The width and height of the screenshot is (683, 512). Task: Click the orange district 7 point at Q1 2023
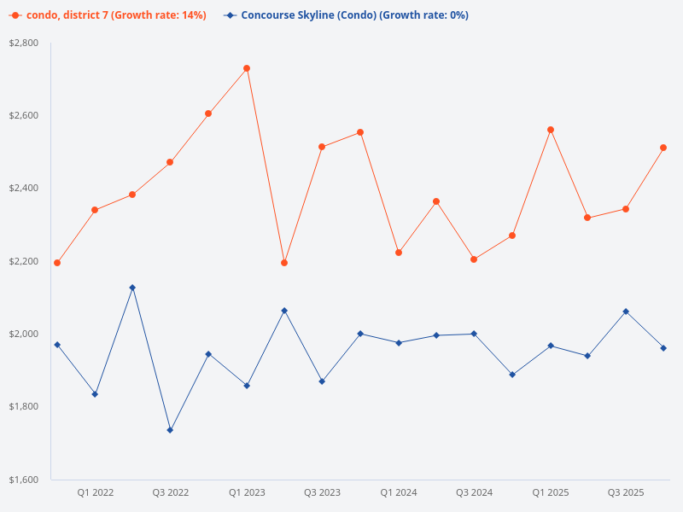(x=247, y=68)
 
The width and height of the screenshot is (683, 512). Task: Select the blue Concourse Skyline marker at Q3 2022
(x=170, y=430)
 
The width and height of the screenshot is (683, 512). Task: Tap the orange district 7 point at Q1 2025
(x=551, y=130)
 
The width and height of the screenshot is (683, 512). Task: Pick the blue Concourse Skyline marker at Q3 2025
(x=626, y=311)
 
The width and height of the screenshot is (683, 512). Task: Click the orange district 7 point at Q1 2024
(x=399, y=253)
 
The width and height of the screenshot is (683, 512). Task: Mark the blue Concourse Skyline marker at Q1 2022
(x=95, y=394)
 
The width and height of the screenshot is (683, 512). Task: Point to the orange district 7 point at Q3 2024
(x=474, y=259)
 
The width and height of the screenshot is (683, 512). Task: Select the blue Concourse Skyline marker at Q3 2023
(x=322, y=381)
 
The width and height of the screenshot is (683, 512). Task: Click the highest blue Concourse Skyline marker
(x=132, y=288)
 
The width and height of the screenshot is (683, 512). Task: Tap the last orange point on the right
(x=663, y=148)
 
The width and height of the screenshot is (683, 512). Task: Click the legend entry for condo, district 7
(x=108, y=15)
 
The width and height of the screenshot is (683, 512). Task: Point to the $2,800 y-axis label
(x=24, y=43)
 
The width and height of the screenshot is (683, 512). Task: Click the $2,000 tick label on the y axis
(x=24, y=334)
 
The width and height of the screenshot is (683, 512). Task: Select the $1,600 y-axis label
(x=24, y=480)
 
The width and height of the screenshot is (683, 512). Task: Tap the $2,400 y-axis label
(x=24, y=188)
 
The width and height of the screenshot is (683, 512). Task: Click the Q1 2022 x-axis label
(x=95, y=492)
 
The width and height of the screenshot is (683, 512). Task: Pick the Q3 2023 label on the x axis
(x=322, y=492)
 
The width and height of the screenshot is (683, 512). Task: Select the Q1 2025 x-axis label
(x=551, y=492)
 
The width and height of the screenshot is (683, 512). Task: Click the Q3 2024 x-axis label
(x=474, y=492)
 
